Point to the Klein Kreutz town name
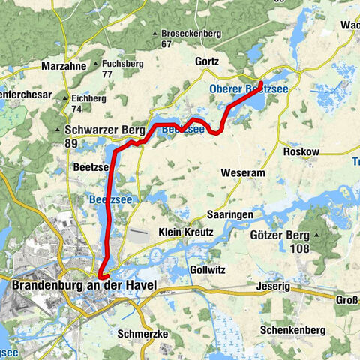(x=186, y=233)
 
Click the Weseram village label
(x=244, y=173)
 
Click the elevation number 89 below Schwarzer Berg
(x=72, y=143)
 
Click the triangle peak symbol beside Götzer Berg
(x=316, y=235)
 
